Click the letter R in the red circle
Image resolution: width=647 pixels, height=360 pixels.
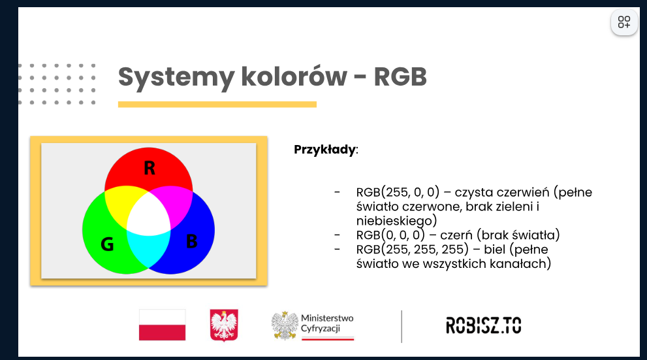(x=150, y=168)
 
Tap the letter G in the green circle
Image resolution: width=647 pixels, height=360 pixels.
(x=107, y=244)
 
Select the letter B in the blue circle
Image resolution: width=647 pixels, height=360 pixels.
(x=191, y=241)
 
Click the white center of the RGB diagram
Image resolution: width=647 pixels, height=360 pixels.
(x=148, y=216)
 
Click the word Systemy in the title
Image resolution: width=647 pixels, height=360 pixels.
(x=176, y=78)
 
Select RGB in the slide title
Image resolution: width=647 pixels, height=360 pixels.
(x=400, y=76)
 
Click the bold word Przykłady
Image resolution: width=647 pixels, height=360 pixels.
(x=324, y=150)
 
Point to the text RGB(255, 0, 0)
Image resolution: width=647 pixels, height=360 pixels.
(x=398, y=192)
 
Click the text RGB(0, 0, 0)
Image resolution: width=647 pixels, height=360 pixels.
(x=390, y=235)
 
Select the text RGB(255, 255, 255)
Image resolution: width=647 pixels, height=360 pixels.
(x=413, y=250)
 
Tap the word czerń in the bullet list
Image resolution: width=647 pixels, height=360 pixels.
(x=456, y=235)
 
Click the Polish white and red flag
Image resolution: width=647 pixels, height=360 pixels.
(x=162, y=325)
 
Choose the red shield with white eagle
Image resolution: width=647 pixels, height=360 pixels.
(x=224, y=325)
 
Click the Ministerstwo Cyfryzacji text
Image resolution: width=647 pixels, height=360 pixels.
(x=327, y=323)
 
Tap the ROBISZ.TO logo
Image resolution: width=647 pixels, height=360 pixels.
(x=484, y=325)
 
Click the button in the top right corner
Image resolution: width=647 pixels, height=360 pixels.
(x=624, y=22)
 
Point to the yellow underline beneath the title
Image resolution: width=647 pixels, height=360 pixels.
(x=217, y=105)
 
